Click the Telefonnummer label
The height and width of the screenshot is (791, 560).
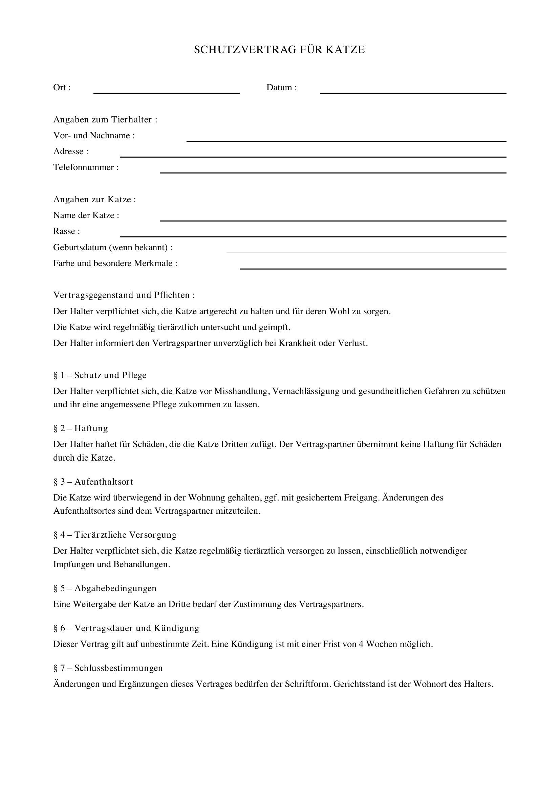[86, 167]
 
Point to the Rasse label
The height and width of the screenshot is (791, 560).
[66, 231]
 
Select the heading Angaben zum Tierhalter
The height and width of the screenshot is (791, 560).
[105, 119]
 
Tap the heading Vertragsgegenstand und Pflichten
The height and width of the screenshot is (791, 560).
[124, 295]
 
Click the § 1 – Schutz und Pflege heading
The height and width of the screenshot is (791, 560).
[100, 375]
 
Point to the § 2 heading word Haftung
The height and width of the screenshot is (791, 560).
[91, 428]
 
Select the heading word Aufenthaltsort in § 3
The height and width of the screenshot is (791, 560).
[104, 482]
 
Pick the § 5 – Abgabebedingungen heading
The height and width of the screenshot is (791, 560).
[105, 588]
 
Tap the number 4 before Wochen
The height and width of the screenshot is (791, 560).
[361, 644]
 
